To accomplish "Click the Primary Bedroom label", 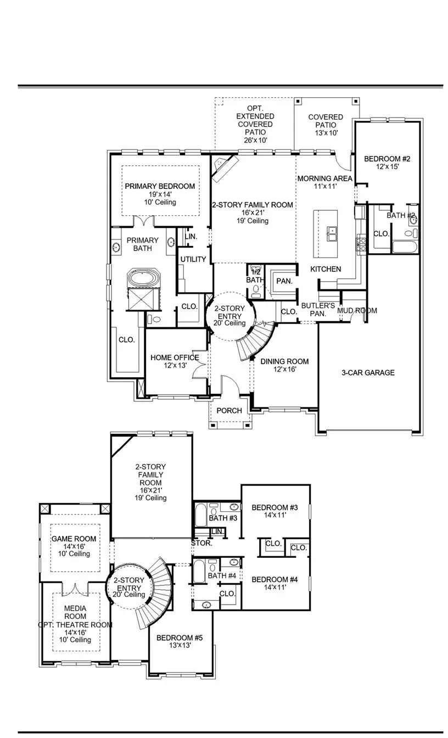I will (159, 186).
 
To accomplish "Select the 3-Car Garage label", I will (368, 373).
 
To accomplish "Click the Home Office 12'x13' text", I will (175, 361).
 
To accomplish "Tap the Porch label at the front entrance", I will (229, 411).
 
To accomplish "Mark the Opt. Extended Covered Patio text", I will (255, 124).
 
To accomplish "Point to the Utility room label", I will (193, 259).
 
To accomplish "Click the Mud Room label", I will (357, 310).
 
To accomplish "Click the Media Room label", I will (75, 612).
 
